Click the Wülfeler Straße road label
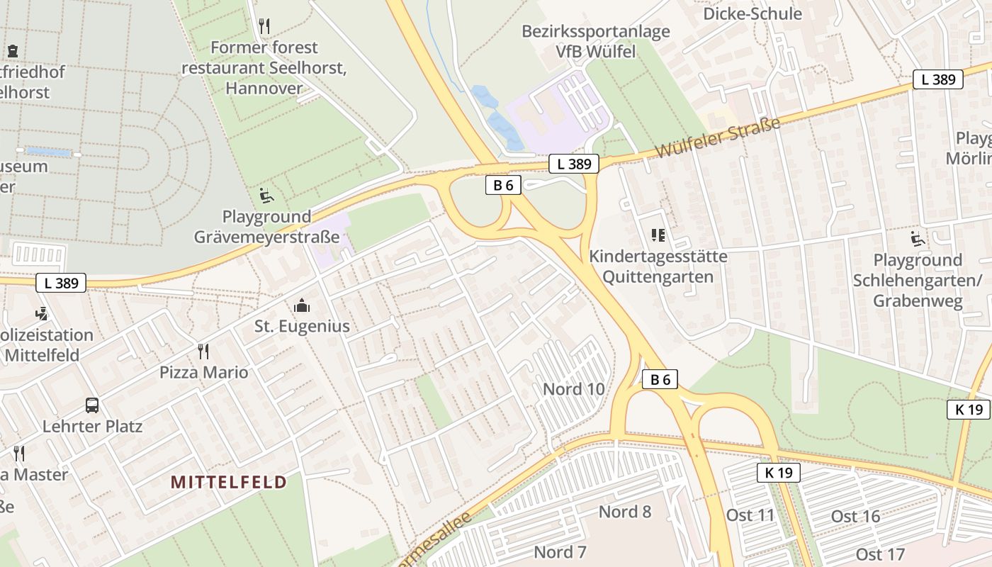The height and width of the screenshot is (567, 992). tap(717, 137)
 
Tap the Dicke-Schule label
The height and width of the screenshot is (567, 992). tap(752, 13)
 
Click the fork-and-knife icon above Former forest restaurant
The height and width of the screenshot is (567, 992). tap(264, 26)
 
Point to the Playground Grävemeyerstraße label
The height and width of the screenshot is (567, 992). tap(267, 227)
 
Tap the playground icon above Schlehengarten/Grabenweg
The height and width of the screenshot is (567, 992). tap(918, 239)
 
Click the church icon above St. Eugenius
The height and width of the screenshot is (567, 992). tap(302, 305)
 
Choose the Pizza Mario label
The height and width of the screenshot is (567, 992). tap(204, 372)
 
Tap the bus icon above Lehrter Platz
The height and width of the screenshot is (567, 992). tap(92, 405)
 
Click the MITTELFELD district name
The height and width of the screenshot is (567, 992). tap(229, 483)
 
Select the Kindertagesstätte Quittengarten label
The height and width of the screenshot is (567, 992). tap(658, 266)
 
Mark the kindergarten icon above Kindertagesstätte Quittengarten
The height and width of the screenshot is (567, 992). tap(658, 235)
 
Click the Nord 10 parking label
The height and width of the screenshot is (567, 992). tap(574, 388)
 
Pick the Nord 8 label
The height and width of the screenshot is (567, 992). tap(625, 512)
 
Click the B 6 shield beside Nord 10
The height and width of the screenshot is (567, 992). tap(660, 379)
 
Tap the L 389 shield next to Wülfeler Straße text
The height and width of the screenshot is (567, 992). tap(574, 164)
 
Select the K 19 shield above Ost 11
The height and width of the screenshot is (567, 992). tap(778, 473)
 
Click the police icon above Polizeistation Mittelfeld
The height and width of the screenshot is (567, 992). tap(41, 313)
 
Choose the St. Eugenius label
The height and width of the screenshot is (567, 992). tap(302, 327)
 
